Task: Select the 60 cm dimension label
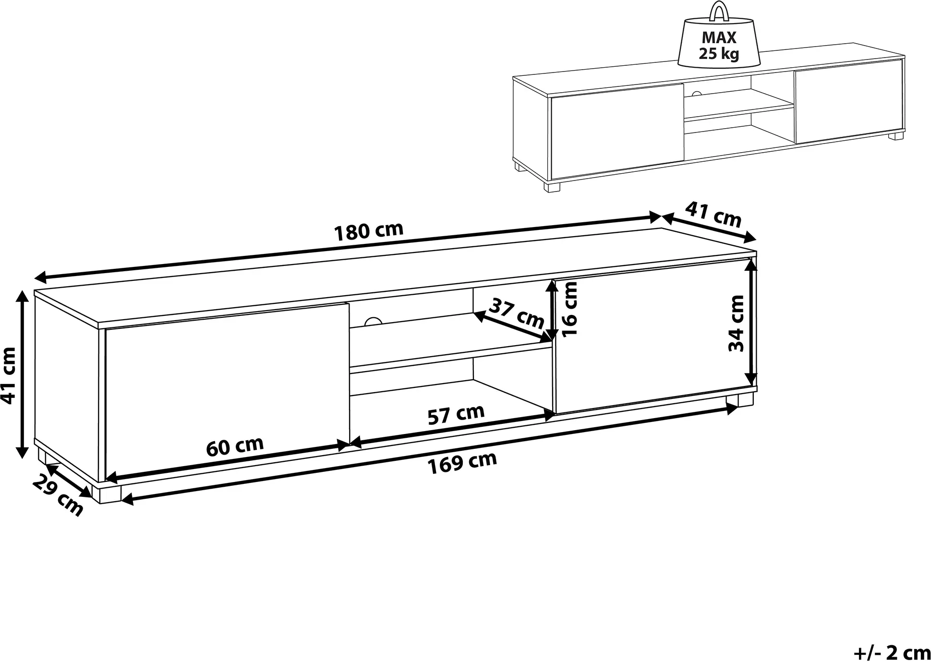coord(235,446)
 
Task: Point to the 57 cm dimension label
coord(456,415)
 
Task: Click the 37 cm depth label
coord(517,313)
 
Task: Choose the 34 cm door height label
coord(736,323)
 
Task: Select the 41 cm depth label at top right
coord(713,214)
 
